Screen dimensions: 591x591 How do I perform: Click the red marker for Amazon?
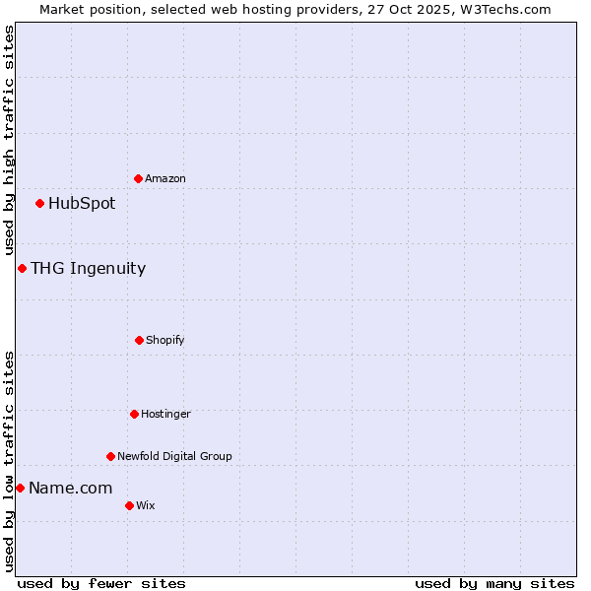tap(138, 178)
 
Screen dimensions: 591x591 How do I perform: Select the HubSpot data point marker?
tap(39, 203)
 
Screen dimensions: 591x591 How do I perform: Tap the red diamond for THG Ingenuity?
tap(22, 268)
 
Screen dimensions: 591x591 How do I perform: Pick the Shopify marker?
tap(139, 340)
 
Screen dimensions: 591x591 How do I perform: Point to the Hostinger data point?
tap(134, 414)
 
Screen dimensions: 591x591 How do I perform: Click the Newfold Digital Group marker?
tap(110, 456)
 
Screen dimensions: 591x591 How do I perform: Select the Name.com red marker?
tap(20, 488)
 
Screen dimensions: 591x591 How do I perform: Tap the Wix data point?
tap(129, 505)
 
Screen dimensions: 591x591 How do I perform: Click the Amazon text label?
tap(165, 178)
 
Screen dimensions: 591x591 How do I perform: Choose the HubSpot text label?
tap(82, 203)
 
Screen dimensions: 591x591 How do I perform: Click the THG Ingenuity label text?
tap(88, 268)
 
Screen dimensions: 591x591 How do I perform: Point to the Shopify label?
tap(165, 340)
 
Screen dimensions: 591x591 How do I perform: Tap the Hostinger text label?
tap(165, 414)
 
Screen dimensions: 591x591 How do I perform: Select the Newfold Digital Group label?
tap(174, 456)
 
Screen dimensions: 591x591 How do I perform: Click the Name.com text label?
tap(70, 488)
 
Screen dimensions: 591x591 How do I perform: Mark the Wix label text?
tap(146, 505)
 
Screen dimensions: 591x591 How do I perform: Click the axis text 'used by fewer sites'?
tap(101, 583)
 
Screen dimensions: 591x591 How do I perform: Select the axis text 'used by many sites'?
tap(494, 583)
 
